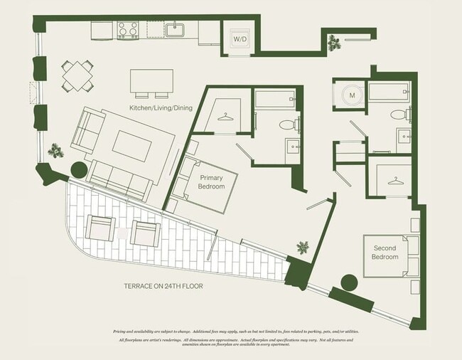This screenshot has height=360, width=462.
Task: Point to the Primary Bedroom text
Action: (x=212, y=181)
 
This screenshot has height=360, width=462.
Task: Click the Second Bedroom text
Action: (x=385, y=253)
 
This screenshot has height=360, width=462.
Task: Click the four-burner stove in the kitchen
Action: (x=127, y=30)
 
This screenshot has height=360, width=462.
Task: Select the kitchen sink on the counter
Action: (x=175, y=30)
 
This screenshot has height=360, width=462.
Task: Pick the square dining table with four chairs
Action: (x=76, y=75)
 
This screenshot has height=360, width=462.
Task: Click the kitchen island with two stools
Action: (x=151, y=82)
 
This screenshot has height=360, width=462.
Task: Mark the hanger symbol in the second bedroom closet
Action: (x=394, y=181)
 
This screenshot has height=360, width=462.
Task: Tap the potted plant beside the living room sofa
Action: (x=55, y=151)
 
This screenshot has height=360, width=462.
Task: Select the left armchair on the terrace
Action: (x=100, y=228)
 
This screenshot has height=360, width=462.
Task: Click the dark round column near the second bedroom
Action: (x=348, y=282)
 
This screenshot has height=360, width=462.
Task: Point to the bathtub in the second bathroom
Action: (x=388, y=92)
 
